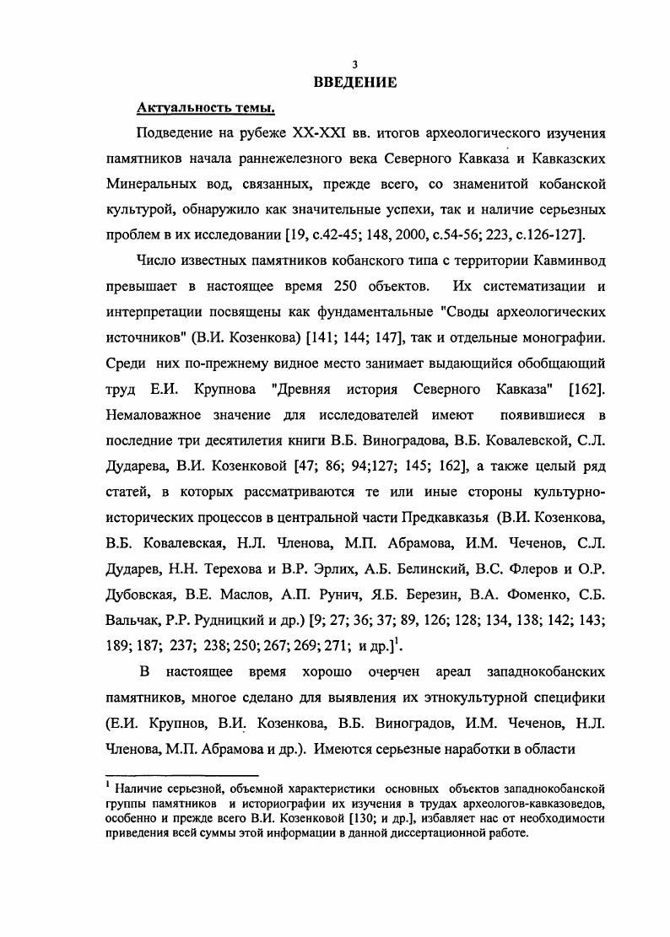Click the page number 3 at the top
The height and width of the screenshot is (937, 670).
tap(355, 65)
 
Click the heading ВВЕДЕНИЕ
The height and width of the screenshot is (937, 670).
tap(355, 83)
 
